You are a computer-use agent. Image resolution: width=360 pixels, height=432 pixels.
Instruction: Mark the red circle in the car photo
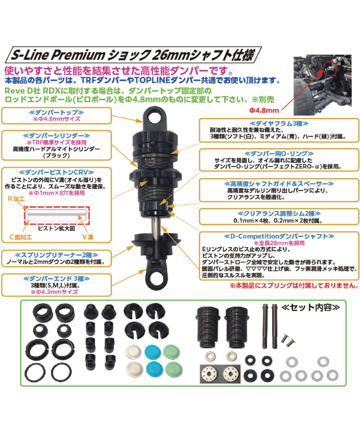tap(330, 68)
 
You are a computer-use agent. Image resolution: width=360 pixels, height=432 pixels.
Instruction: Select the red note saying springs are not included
tap(294, 285)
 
